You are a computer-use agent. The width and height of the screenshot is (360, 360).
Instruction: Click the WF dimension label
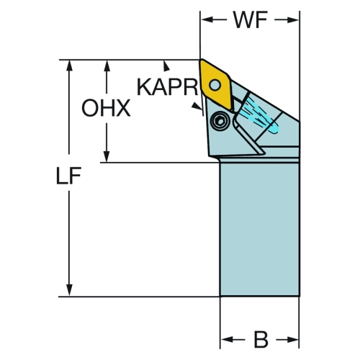point(251,20)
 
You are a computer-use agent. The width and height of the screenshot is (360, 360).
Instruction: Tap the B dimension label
point(261,339)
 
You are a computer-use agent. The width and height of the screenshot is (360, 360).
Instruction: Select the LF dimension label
point(68,176)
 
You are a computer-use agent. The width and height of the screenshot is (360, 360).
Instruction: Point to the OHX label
point(106,108)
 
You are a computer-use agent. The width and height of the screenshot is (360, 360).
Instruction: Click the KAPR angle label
point(167,87)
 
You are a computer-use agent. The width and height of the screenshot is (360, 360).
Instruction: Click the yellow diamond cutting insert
point(215,85)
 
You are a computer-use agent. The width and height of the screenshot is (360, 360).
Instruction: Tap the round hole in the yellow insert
point(215,85)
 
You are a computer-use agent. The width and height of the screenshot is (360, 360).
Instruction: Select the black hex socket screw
point(220,122)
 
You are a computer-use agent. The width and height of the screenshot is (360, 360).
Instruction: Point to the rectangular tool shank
point(260,229)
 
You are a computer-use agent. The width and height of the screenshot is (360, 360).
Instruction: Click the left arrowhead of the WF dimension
point(207,19)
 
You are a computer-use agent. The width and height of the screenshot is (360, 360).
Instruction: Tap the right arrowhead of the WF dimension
point(292,19)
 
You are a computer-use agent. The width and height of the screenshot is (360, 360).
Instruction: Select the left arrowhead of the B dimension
point(228,339)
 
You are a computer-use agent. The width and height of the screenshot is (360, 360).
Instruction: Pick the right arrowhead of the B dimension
point(292,339)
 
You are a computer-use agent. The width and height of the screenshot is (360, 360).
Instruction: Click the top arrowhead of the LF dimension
point(69,66)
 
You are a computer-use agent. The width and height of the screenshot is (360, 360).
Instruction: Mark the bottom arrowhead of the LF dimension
point(69,290)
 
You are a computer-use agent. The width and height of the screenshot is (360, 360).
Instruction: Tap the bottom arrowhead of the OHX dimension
point(107,156)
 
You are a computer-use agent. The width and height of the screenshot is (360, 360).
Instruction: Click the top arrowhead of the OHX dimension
point(107,66)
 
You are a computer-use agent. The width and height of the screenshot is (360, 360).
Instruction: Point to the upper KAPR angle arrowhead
point(166,66)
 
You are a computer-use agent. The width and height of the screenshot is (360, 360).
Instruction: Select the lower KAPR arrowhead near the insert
point(197,106)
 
